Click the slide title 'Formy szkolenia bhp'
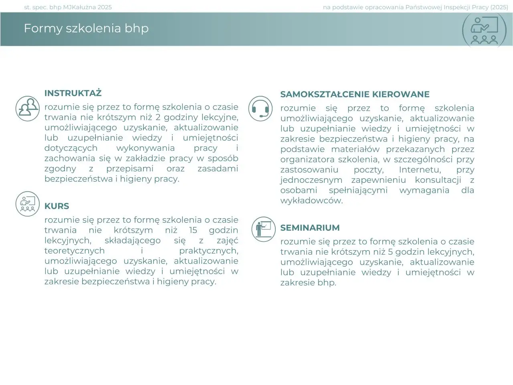[x=86, y=28]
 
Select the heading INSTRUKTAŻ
[x=73, y=93]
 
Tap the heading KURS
[x=57, y=207]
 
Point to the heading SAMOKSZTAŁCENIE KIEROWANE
[x=355, y=95]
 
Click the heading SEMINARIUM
[x=310, y=228]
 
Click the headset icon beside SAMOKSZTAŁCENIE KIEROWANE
[x=261, y=109]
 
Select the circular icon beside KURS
[x=28, y=204]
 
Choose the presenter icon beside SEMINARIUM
[x=263, y=229]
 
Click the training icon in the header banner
[x=484, y=30]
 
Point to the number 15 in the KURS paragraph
[x=193, y=231]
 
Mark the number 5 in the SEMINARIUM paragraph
[x=390, y=252]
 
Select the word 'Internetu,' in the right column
[x=420, y=170]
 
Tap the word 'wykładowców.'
[x=311, y=201]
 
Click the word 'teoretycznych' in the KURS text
[x=75, y=251]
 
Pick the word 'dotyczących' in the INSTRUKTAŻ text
[x=71, y=148]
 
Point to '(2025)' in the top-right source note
[x=499, y=7]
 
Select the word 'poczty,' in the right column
[x=368, y=170]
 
